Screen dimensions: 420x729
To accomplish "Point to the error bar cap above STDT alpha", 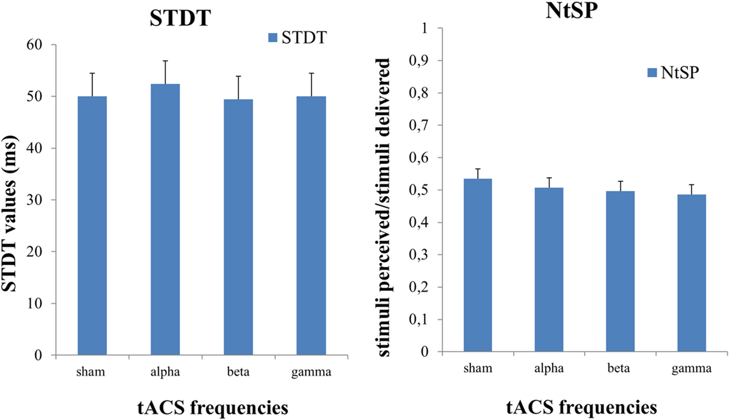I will point(165,61).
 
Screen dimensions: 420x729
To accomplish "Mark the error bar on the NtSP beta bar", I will point(620,186).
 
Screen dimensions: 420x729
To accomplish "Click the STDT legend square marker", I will point(272,38).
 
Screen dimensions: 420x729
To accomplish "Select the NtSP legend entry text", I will point(679,73).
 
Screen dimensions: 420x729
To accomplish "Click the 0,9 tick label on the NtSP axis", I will point(418,60).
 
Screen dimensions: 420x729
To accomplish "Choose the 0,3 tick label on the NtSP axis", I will point(418,255).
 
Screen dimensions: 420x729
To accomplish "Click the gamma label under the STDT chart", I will point(311,372).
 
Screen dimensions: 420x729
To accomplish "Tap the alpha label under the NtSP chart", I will point(549,368).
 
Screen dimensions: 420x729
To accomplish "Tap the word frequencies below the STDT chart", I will point(239,407).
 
